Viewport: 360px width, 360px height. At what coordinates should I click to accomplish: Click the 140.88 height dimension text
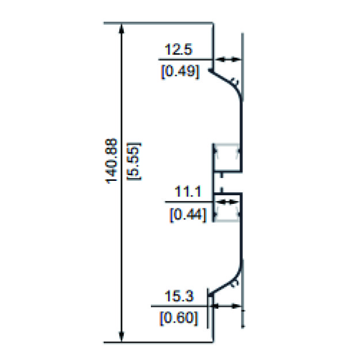[111, 161]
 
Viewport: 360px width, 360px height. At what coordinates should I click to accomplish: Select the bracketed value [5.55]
[134, 161]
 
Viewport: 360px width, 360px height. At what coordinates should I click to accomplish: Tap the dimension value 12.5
[179, 49]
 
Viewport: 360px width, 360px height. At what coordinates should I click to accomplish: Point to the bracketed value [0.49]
[180, 71]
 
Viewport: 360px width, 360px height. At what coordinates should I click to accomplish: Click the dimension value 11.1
[188, 191]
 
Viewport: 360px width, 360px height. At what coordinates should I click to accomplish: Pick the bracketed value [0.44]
[188, 215]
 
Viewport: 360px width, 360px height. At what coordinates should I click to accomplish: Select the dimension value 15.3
[179, 295]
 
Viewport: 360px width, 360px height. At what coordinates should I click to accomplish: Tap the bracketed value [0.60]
[179, 318]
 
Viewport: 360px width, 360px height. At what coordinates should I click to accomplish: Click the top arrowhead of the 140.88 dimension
[122, 29]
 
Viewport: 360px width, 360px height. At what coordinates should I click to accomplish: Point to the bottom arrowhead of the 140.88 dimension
[122, 336]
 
